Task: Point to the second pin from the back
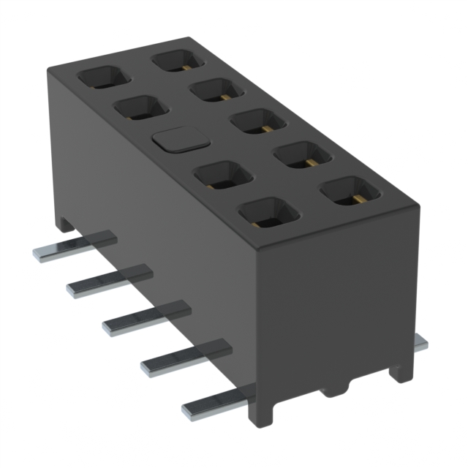(109, 280)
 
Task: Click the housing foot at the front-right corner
(399, 370)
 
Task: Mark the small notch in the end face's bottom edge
(334, 388)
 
